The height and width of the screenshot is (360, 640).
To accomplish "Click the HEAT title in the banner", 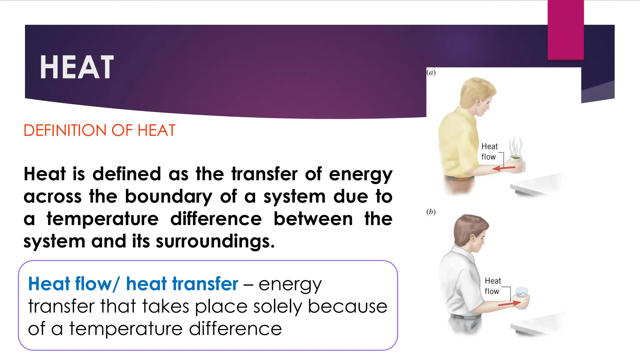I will click(x=77, y=67).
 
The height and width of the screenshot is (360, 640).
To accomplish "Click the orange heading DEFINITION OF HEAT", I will click(x=99, y=131).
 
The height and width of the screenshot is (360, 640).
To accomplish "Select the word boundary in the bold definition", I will click(x=168, y=197).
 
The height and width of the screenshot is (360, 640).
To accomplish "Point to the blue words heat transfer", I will click(x=182, y=284).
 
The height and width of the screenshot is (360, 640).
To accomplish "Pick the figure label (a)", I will click(x=431, y=72).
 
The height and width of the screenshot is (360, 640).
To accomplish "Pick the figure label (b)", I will click(x=431, y=212).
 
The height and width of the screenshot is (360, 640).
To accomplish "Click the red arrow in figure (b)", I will click(x=509, y=303).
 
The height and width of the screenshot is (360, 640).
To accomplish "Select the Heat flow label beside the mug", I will click(x=489, y=152).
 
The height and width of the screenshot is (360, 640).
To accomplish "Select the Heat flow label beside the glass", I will click(x=492, y=286).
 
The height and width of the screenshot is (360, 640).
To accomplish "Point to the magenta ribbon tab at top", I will click(x=566, y=30).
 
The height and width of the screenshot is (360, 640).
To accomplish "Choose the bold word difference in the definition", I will click(x=216, y=219).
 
